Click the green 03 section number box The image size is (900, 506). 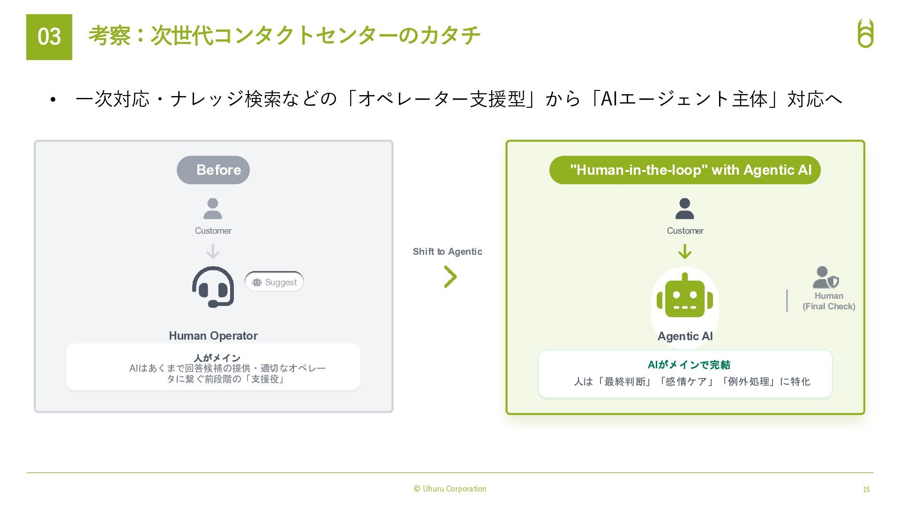49,37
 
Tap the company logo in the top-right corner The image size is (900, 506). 865,33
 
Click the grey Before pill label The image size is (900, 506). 213,170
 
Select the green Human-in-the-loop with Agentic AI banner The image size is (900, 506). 685,170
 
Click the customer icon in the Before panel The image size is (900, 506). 213,209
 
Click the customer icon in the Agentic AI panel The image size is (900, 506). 684,209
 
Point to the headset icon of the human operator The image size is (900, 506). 213,287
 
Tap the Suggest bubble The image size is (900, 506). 274,282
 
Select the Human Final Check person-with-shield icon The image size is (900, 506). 825,277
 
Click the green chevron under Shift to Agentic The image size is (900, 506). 450,276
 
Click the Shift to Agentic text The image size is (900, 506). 447,252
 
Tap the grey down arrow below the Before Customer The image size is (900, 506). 213,252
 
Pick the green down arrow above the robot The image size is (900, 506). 685,252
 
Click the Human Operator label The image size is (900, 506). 213,335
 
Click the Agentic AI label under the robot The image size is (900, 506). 685,336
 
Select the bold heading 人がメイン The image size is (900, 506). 217,358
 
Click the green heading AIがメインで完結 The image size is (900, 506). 689,365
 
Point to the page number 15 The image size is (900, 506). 866,489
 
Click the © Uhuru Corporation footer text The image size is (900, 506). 450,489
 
